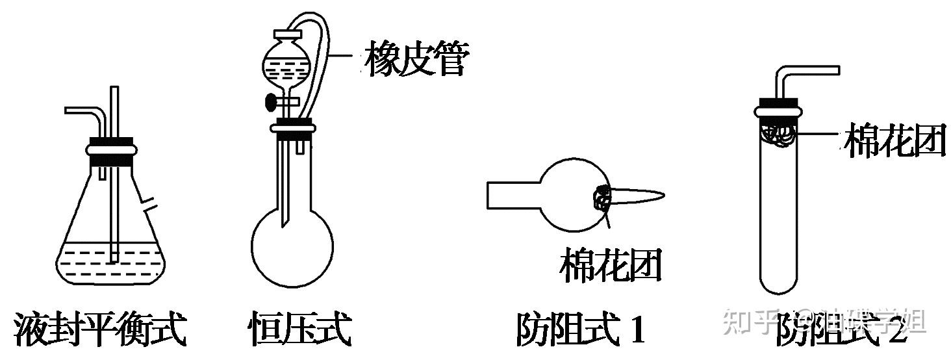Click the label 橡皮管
(x=416, y=58)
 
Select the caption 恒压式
(x=299, y=330)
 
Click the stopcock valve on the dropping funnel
(x=270, y=101)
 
